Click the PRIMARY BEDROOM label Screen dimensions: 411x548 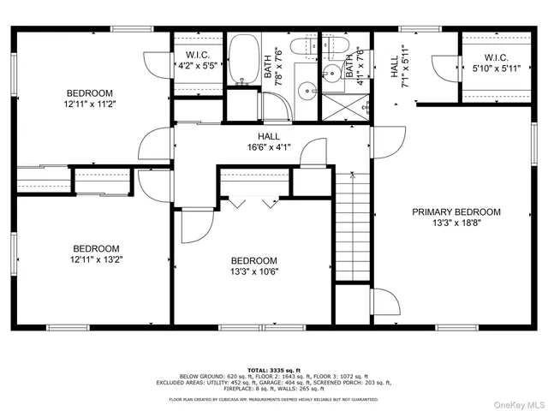[456, 211]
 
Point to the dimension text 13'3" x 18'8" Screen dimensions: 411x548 [456, 223]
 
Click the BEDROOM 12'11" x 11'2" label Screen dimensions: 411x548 [90, 98]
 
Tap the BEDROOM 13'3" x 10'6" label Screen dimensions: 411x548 [253, 266]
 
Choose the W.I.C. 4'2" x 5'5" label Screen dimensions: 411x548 [196, 60]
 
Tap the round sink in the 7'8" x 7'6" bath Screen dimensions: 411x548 [305, 89]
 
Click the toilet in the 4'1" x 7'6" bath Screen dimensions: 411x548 [334, 46]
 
